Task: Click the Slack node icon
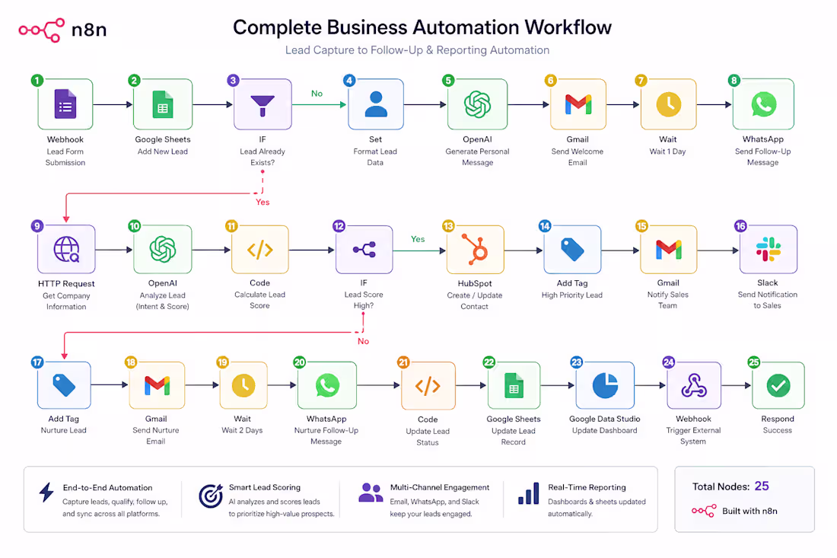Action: tap(769, 250)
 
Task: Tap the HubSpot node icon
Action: tap(475, 250)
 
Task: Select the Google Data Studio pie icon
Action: tap(605, 385)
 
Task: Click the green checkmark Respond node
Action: tap(778, 385)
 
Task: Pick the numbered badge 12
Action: tap(339, 226)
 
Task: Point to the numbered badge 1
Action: tap(37, 81)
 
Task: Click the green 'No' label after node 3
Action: tap(317, 94)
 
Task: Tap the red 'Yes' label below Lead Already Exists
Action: tap(263, 202)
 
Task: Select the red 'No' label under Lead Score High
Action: tap(363, 341)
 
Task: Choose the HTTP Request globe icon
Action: tap(67, 250)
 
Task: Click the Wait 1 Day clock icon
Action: tap(668, 104)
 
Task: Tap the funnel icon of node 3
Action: tap(263, 105)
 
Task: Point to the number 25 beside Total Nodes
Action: tap(762, 486)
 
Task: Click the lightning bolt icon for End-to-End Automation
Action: tap(46, 493)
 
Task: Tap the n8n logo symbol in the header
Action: tap(42, 30)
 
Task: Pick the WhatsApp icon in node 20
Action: tap(327, 385)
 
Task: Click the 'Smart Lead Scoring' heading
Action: tap(264, 487)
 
